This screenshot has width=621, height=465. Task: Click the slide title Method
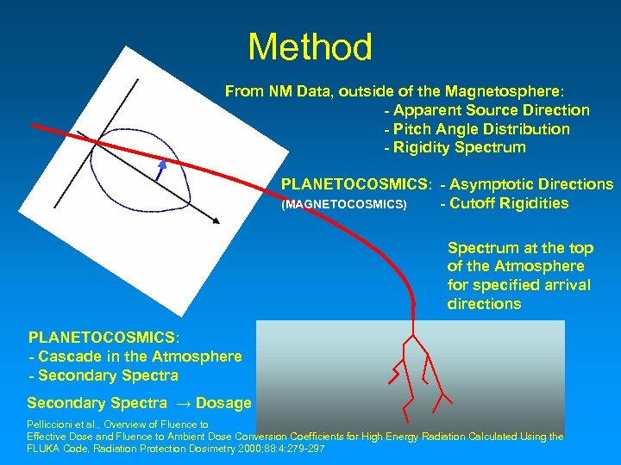310,47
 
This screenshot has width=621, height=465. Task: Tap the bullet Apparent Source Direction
486,110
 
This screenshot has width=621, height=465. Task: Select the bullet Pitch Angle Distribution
476,129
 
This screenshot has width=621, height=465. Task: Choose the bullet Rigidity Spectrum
454,147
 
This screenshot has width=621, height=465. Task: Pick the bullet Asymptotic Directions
526,184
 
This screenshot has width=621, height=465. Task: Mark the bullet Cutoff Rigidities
504,203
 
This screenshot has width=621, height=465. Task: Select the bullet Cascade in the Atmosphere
135,356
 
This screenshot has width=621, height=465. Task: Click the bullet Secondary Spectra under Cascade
103,375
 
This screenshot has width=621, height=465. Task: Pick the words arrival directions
484,304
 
